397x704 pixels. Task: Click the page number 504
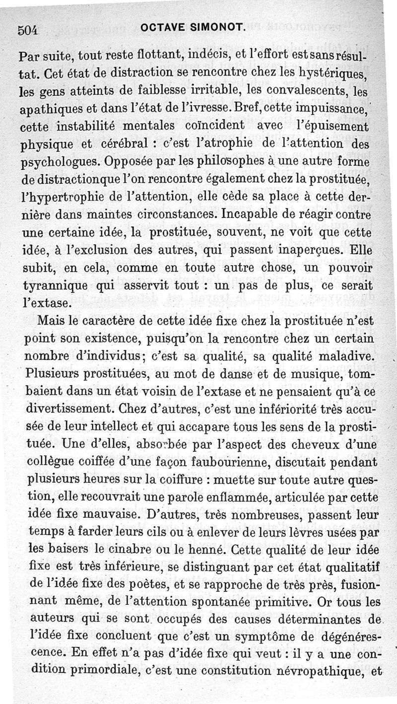[x=28, y=30]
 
